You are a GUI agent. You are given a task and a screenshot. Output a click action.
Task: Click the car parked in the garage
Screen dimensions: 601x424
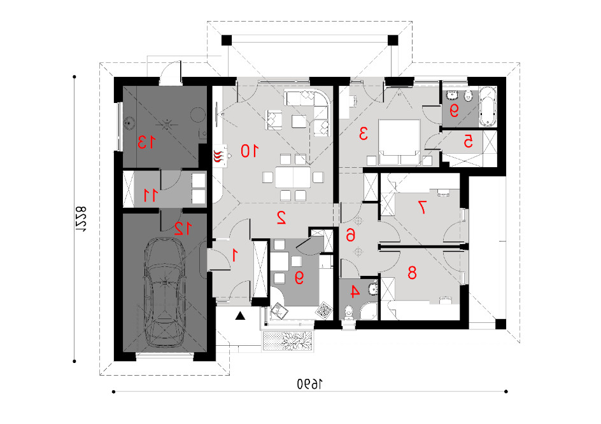[164, 292]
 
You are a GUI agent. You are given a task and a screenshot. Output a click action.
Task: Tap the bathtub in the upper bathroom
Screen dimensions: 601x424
[488, 107]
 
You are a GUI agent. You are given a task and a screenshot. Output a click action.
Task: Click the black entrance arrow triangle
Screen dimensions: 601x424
[240, 316]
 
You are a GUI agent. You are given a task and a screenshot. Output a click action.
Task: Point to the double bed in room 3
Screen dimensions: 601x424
[399, 142]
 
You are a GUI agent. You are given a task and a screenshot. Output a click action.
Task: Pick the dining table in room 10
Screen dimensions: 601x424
[293, 177]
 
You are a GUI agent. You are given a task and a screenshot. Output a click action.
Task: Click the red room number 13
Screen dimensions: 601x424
[147, 142]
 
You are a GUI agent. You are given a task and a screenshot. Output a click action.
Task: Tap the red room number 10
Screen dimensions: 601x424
[250, 151]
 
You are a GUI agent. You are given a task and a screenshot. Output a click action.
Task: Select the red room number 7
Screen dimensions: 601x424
[422, 207]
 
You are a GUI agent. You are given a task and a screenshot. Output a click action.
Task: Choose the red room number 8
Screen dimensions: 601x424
[412, 273]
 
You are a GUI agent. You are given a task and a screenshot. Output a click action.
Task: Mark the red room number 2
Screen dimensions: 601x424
[281, 217]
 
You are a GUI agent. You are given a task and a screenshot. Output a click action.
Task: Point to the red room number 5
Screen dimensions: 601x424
[468, 142]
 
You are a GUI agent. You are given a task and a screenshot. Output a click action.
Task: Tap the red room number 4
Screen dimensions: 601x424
[355, 292]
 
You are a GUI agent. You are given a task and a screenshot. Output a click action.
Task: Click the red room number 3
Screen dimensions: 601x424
[363, 134]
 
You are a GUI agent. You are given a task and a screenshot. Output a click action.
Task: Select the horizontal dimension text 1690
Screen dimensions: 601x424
[309, 384]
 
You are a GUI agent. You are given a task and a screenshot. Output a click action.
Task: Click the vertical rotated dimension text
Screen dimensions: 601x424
[80, 219]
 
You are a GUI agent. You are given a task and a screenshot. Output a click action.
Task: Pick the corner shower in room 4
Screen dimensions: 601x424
[369, 311]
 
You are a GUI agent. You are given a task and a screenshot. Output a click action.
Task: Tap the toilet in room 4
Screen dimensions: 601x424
[348, 312]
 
